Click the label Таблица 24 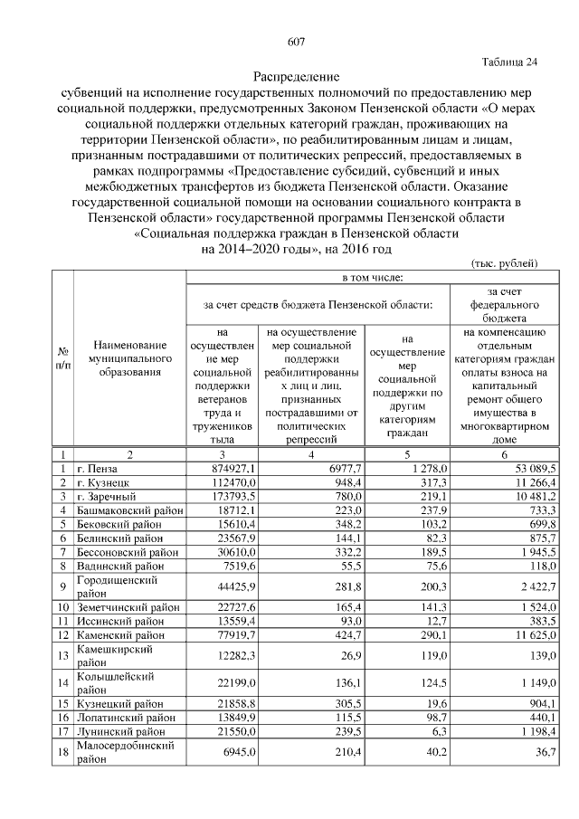508,62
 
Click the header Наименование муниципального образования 129,359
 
